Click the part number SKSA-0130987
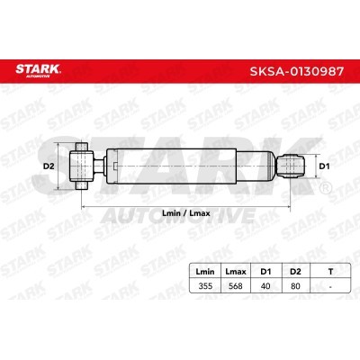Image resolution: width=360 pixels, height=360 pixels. click(297, 71)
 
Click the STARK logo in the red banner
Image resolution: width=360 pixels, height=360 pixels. click(38, 70)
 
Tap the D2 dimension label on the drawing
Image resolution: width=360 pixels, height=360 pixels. click(49, 166)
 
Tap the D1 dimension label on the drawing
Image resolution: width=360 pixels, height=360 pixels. click(324, 166)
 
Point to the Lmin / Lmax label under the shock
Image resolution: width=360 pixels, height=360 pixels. click(186, 213)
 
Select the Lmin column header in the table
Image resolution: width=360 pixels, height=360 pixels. click(205, 272)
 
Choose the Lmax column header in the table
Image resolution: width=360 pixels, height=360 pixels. click(236, 272)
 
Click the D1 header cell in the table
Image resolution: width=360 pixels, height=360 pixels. click(265, 272)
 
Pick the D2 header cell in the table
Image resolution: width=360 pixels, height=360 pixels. click(295, 272)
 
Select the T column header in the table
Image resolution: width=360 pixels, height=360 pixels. click(330, 272)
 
